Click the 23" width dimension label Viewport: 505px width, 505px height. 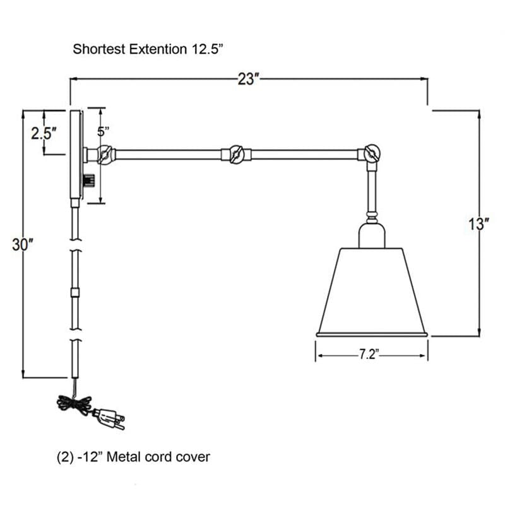tap(249, 80)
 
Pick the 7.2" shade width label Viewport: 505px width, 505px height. tap(368, 355)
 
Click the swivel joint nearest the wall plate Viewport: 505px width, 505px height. tap(104, 153)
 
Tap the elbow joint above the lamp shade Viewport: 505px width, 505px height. tap(370, 153)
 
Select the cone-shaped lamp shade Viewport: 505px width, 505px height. tap(372, 290)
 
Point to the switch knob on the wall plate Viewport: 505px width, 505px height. tap(90, 180)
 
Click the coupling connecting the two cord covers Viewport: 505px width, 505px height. tap(75, 292)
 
